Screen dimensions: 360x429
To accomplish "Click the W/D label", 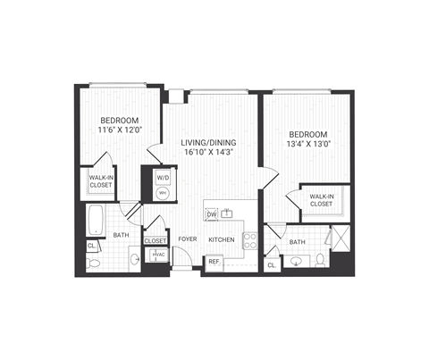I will (x=164, y=178).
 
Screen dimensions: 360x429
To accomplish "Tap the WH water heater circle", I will (x=164, y=192).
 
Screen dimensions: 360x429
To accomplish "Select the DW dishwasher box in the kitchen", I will (x=212, y=214).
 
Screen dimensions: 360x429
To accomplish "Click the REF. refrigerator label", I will (x=214, y=262).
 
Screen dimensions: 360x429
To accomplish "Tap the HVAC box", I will (x=159, y=255).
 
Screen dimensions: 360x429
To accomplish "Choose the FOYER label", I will (x=187, y=239).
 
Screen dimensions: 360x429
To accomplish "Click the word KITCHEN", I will (x=222, y=239).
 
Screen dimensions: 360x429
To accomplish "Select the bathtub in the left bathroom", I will (x=97, y=218).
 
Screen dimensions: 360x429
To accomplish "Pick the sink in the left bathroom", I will (x=133, y=259).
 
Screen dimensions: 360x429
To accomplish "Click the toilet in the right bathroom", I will (x=322, y=260).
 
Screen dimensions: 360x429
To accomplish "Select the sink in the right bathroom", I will (x=295, y=261).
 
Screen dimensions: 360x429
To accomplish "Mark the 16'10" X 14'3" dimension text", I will (x=207, y=152).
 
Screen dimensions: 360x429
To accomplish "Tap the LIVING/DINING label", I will (x=207, y=141).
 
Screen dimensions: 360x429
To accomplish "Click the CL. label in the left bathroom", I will (x=92, y=246).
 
